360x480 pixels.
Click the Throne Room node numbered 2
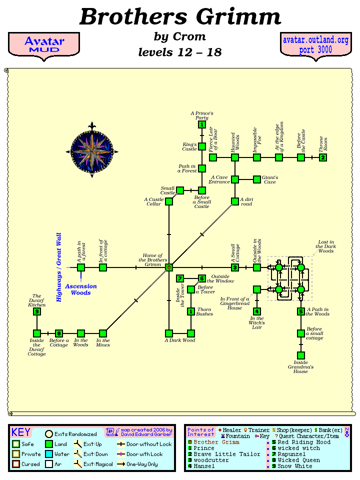coord(323,157)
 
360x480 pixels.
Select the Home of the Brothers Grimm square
coord(169,267)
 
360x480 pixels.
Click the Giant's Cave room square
coord(257,179)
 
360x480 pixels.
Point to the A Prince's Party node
coord(202,124)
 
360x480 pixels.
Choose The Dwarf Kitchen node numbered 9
coord(37,311)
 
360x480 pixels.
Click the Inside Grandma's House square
coord(301,355)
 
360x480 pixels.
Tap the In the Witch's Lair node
coord(257,311)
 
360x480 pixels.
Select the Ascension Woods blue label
coord(81,289)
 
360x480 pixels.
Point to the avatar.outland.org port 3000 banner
coord(315,45)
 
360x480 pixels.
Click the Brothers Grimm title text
coord(180,17)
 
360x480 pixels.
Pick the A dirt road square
coord(235,201)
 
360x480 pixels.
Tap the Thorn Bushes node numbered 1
coord(191,311)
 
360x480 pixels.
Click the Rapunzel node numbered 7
coord(180,278)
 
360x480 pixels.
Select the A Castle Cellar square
coord(169,201)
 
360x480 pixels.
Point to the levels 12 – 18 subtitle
coord(180,52)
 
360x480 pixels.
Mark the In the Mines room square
coord(103,333)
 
